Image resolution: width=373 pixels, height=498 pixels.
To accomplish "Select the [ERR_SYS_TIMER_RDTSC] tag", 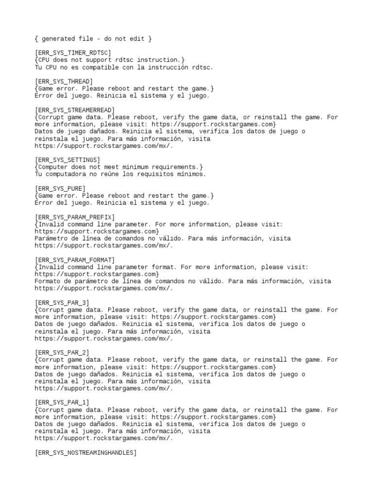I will click(73, 53).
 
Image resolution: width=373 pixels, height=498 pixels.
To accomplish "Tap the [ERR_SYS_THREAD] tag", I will click(64, 81).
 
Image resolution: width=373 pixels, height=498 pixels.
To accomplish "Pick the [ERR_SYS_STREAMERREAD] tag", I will click(75, 110).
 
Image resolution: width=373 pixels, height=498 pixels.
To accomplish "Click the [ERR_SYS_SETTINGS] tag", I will click(68, 160).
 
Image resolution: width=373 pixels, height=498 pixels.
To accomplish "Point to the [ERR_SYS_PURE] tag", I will click(60, 188).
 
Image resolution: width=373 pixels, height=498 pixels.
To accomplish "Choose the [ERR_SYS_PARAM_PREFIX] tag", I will click(75, 217).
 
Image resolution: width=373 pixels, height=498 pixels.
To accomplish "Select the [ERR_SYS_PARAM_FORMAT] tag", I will click(75, 260).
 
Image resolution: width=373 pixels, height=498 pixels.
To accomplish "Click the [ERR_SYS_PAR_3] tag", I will click(62, 302).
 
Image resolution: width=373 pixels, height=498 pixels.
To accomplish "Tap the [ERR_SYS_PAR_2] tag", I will click(62, 353).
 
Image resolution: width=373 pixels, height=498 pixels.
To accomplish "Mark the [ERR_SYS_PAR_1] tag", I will click(62, 403).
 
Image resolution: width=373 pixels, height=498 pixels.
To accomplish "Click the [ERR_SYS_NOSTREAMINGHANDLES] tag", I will click(85, 453).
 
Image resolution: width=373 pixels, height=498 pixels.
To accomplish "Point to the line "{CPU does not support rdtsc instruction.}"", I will click(110, 60).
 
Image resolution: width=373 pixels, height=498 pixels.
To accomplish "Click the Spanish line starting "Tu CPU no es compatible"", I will click(124, 67).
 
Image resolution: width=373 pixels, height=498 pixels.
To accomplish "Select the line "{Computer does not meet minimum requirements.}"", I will click(119, 167).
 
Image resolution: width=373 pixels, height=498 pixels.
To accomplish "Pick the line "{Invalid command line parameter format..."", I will click(171, 267).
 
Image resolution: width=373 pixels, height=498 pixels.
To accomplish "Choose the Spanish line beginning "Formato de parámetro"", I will click(183, 281).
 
